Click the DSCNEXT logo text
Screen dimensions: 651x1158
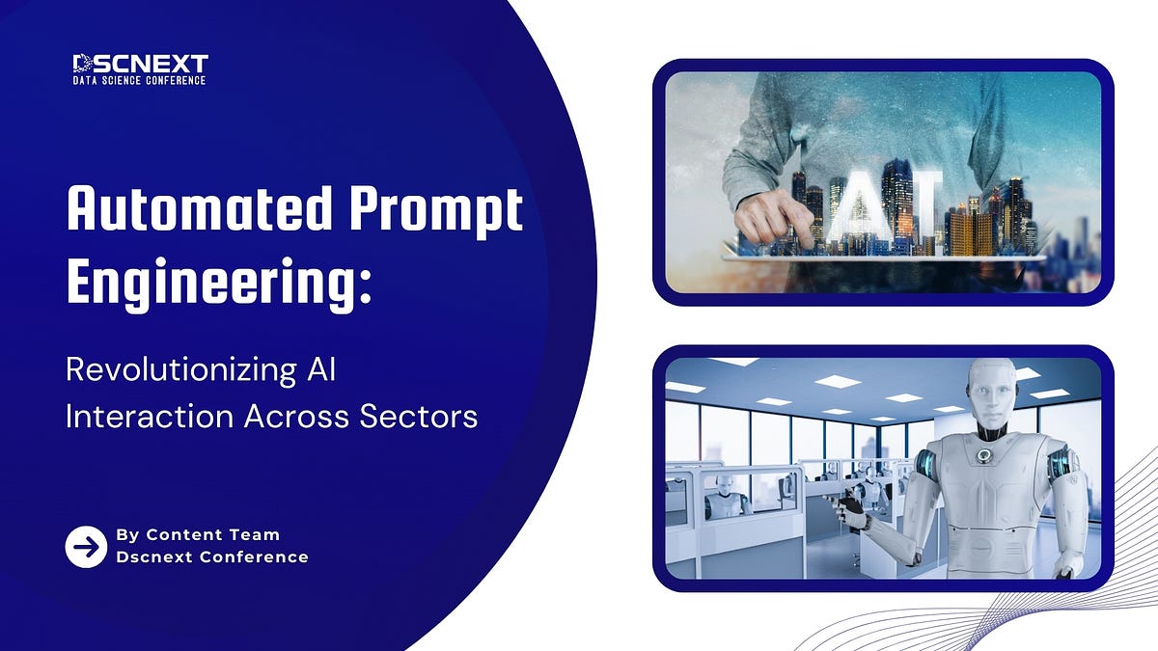(140, 65)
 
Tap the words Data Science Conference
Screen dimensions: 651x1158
(140, 80)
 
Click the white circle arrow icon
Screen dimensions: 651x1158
(86, 547)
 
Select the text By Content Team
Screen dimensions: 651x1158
(198, 534)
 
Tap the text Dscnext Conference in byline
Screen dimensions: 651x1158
(212, 557)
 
